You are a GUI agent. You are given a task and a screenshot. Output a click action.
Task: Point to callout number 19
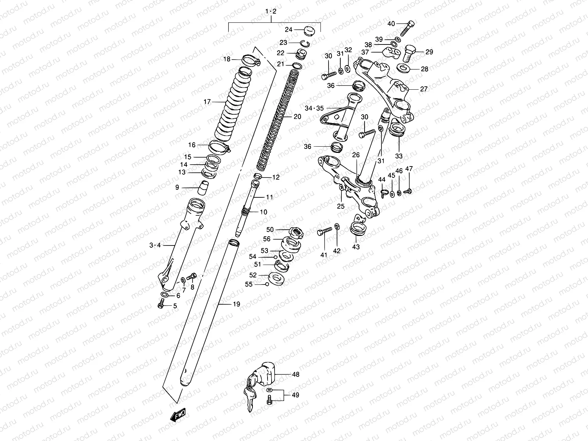pyautogui.click(x=236, y=304)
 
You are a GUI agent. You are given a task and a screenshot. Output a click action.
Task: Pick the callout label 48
pyautogui.click(x=295, y=374)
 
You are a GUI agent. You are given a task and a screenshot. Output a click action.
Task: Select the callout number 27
pyautogui.click(x=424, y=89)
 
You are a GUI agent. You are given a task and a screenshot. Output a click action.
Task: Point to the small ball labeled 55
pyautogui.click(x=267, y=284)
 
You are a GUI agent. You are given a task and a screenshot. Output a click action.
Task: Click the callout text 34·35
pyautogui.click(x=314, y=108)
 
